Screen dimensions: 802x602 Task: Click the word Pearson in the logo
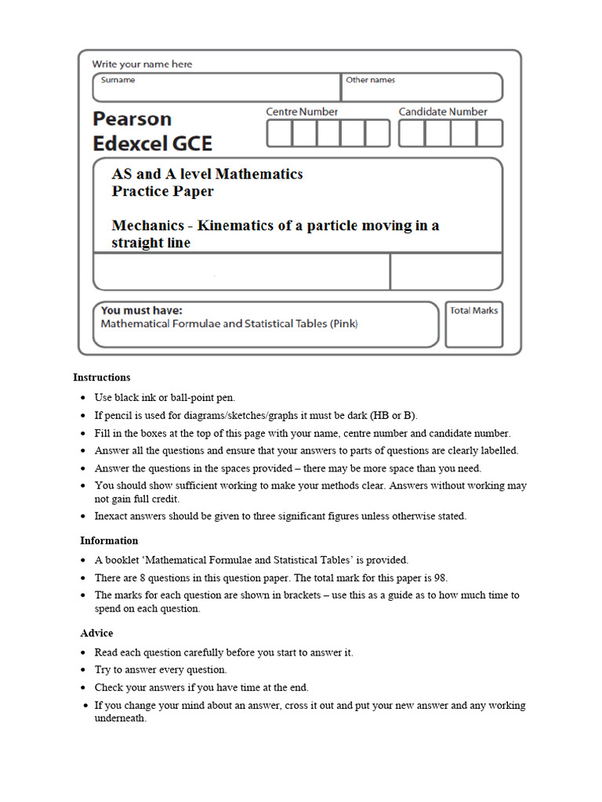132,119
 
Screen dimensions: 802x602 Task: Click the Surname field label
118,80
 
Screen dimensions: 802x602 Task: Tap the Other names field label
370,80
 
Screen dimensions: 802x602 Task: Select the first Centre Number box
279,133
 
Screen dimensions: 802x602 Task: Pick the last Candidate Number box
490,133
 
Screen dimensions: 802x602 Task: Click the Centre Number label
302,112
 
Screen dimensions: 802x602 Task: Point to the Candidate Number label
443,112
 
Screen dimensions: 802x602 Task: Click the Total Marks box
473,324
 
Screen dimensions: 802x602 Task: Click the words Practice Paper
162,191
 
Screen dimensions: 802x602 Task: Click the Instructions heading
102,378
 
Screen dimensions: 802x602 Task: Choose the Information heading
109,540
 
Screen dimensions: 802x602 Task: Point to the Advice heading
96,633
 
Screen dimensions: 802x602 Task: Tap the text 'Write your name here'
142,64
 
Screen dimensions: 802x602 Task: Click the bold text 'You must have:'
141,310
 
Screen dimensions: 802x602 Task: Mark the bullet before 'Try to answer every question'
84,670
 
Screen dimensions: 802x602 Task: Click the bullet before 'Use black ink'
84,398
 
